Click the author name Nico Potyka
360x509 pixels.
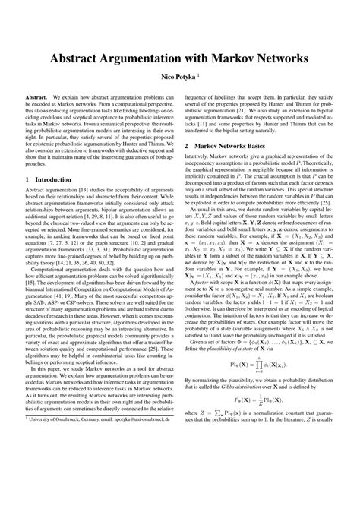[x=177, y=77]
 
